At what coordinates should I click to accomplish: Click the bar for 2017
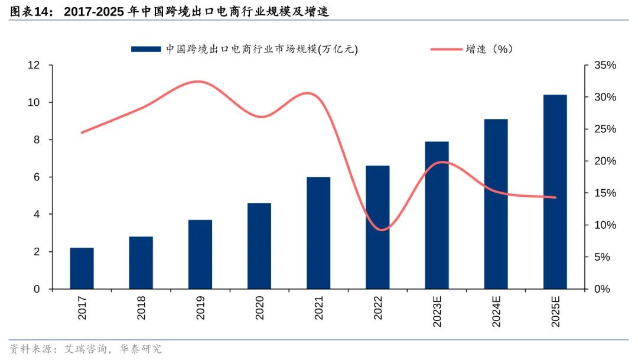pos(82,268)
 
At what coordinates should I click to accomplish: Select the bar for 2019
pos(200,254)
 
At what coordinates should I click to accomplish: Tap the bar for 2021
pos(318,233)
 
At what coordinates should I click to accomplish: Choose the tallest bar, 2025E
pos(555,192)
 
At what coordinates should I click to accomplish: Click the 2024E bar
pos(496,204)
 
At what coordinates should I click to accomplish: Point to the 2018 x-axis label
pos(141,308)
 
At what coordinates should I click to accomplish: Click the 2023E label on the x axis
pos(437,311)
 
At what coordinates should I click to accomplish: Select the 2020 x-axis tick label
pos(259,308)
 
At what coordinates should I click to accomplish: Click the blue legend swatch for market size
pos(145,50)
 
